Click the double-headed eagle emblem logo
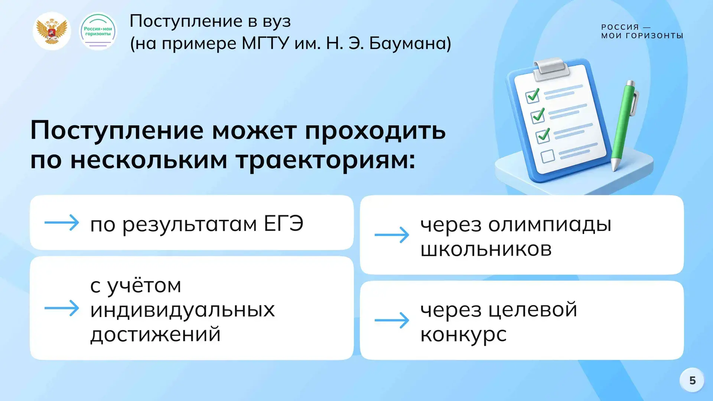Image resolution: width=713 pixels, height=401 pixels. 52,31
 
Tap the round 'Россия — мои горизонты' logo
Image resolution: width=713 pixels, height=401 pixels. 98,31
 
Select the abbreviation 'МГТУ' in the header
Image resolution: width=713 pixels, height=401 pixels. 265,43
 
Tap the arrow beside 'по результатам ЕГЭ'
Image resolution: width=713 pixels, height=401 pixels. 62,223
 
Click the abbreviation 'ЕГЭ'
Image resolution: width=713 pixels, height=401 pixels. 284,224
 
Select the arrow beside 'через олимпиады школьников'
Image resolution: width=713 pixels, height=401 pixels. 392,235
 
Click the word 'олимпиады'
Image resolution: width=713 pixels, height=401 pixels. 550,225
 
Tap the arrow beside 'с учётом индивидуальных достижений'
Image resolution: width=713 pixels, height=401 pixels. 62,308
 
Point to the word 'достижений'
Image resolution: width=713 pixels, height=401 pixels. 156,334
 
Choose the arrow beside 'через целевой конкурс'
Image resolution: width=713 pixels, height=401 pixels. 392,320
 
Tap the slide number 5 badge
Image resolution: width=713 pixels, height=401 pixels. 692,380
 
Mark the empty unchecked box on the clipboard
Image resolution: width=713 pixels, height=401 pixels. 548,156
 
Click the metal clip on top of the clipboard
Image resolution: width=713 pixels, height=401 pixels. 551,68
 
